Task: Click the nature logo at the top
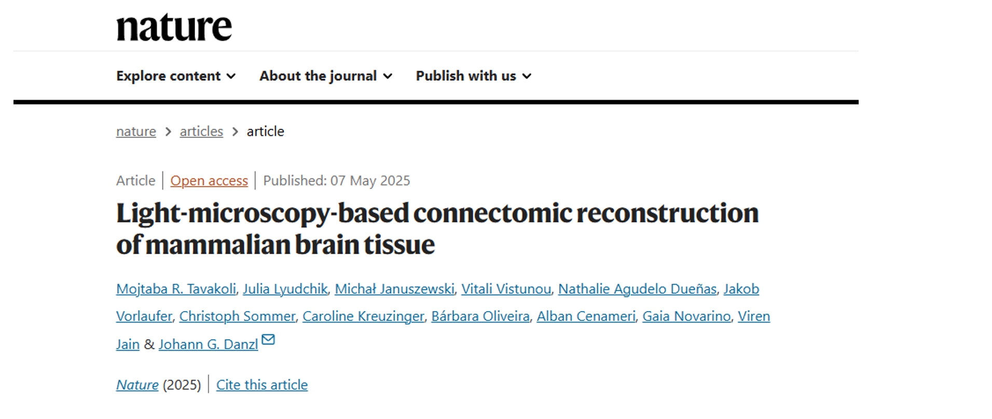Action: click(x=174, y=27)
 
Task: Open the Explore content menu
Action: click(x=176, y=76)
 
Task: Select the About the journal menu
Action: click(x=326, y=76)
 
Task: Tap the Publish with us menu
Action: click(x=474, y=76)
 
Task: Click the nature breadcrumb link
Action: click(x=136, y=131)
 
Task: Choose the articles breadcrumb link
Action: click(x=201, y=131)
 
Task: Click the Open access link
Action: click(x=209, y=180)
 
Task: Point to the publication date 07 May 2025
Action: click(x=370, y=180)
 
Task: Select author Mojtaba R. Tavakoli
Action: click(x=176, y=289)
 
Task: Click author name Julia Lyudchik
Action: click(x=285, y=289)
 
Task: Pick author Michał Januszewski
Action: click(x=394, y=289)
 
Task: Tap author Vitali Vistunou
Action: click(x=506, y=289)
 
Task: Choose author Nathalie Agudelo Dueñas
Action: click(x=638, y=289)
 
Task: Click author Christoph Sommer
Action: click(x=237, y=316)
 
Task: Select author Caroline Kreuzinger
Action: click(x=363, y=316)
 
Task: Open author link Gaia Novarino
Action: click(x=686, y=316)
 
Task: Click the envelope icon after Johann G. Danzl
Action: click(x=268, y=340)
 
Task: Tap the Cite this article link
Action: click(x=262, y=385)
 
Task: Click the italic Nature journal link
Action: click(x=137, y=385)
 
